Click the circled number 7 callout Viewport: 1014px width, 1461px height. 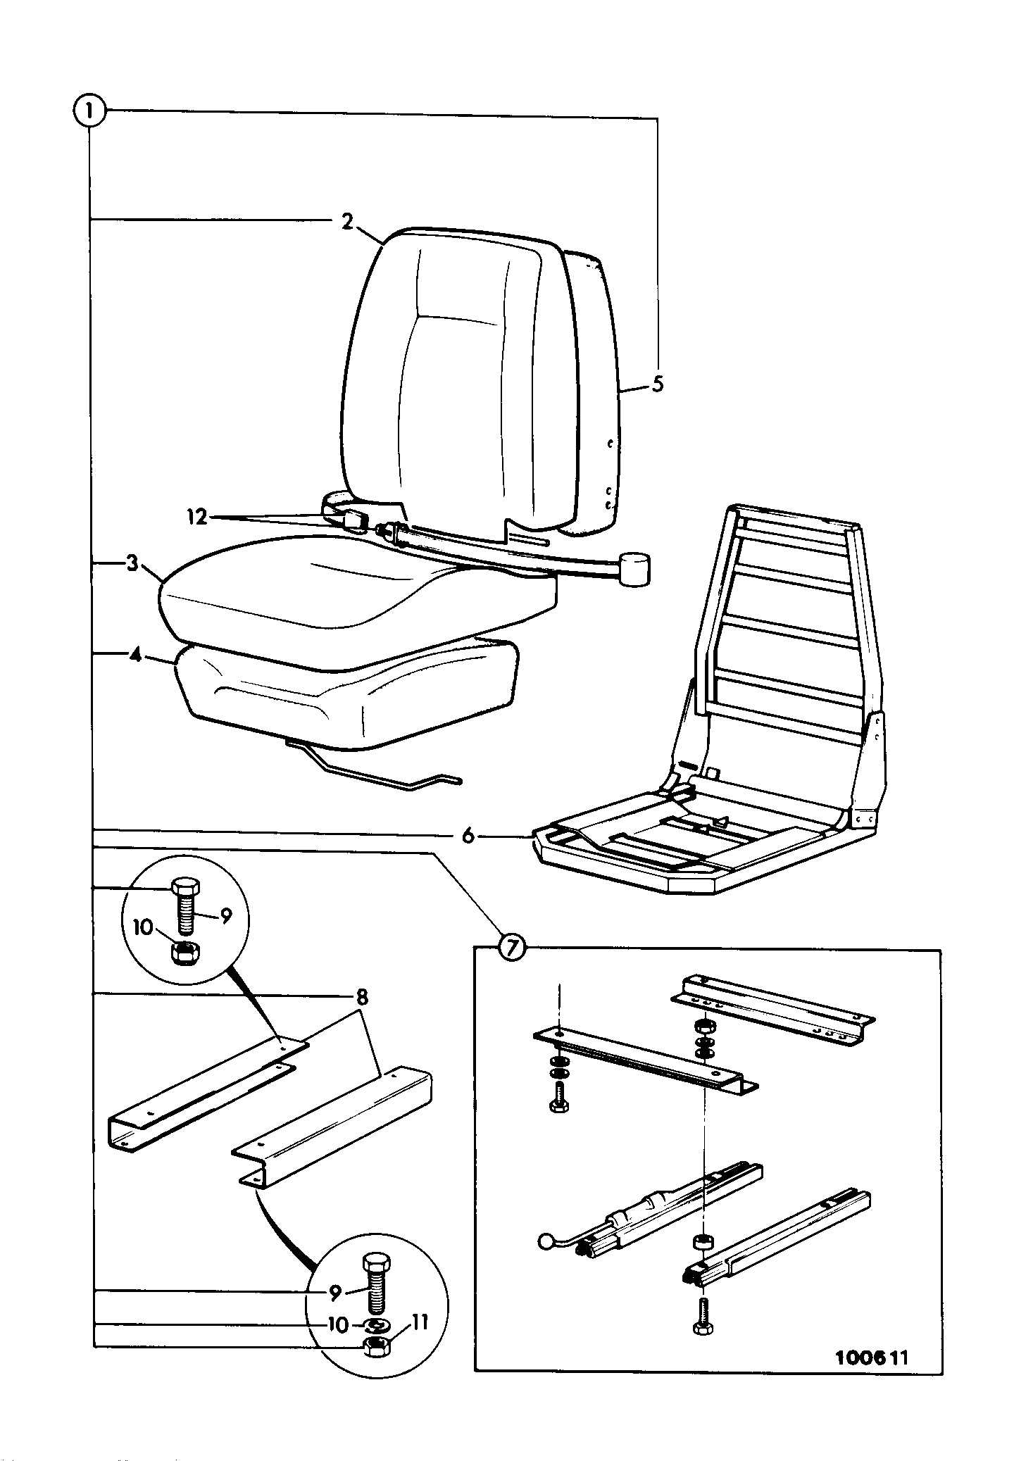(x=512, y=948)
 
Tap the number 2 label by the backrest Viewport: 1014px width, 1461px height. (x=346, y=222)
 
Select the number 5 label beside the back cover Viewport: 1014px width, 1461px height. (x=658, y=385)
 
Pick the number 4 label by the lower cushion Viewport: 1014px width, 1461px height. (x=135, y=655)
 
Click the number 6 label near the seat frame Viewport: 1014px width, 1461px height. (x=468, y=836)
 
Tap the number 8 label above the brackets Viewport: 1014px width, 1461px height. (x=362, y=996)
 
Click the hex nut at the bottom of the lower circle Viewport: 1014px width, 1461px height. (x=375, y=1345)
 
